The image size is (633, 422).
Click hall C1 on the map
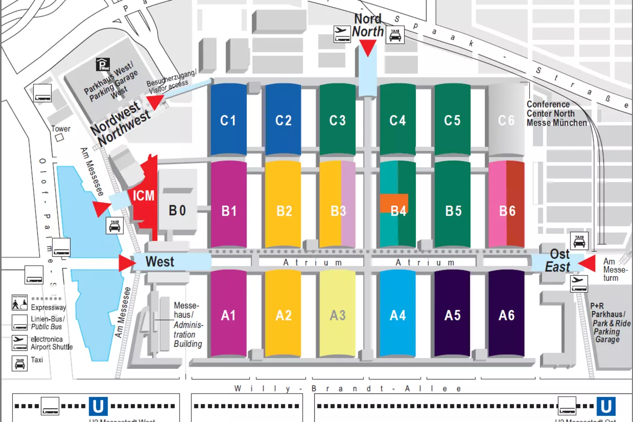click(x=228, y=120)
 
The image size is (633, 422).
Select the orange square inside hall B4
click(x=394, y=203)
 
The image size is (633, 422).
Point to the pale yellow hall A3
click(x=337, y=314)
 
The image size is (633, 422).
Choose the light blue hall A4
click(x=397, y=314)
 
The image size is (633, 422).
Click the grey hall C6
click(x=506, y=120)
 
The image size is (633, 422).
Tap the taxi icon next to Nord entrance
click(x=394, y=35)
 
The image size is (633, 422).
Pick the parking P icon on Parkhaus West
click(x=103, y=64)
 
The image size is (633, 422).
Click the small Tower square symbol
click(x=59, y=138)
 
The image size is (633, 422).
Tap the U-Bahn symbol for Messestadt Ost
click(x=606, y=406)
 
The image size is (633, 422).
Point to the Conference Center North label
click(x=556, y=113)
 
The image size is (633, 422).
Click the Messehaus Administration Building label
click(x=188, y=325)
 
